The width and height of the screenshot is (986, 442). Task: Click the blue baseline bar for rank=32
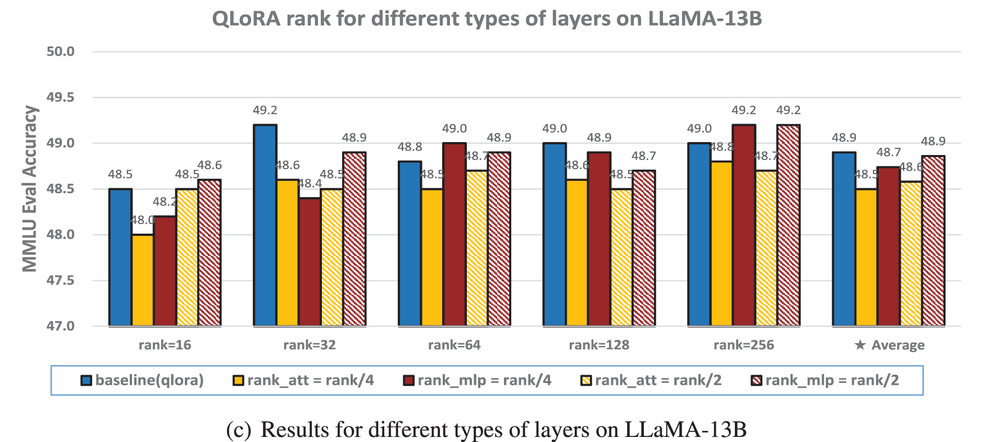(265, 225)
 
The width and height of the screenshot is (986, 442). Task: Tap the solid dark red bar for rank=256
(744, 225)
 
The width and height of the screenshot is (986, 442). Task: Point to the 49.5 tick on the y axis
(60, 97)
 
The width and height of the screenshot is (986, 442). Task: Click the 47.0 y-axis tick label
(60, 326)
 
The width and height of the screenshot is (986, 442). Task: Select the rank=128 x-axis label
(599, 345)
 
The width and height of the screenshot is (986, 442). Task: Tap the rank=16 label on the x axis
(165, 345)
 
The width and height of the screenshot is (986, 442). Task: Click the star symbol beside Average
(860, 345)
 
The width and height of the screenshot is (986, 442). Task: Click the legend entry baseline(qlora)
(149, 380)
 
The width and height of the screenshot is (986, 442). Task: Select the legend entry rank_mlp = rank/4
(484, 380)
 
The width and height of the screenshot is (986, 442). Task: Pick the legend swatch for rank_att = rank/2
(586, 381)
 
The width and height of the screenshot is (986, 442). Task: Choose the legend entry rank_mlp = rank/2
(831, 380)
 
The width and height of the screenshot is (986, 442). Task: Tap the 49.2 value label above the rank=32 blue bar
(265, 111)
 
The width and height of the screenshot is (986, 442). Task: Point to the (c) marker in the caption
(238, 430)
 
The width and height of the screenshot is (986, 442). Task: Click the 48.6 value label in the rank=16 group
(210, 165)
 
